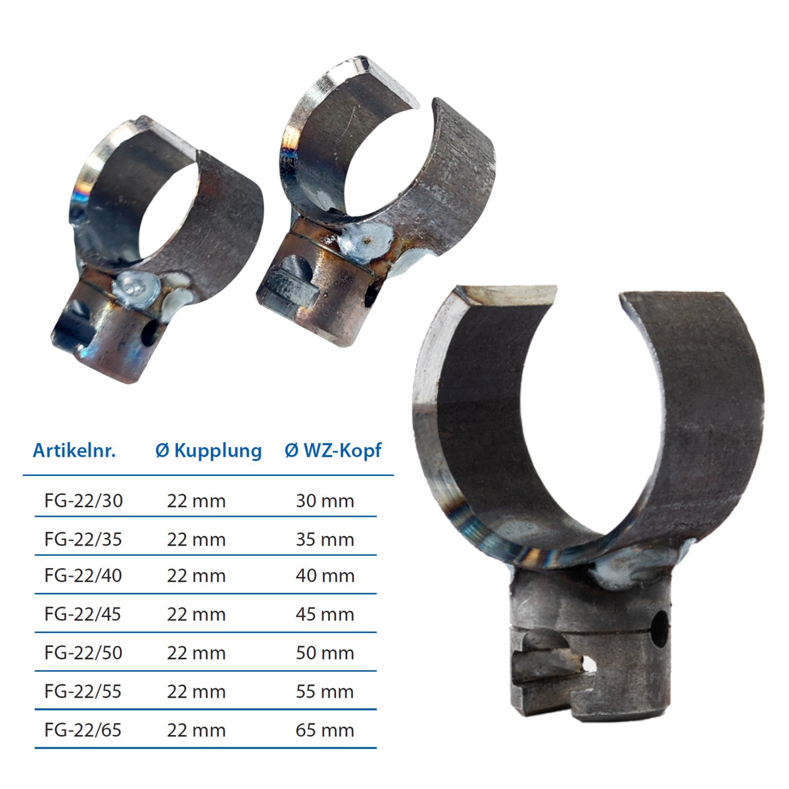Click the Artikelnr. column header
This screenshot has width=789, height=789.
tap(74, 450)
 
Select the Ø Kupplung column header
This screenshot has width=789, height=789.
tap(208, 451)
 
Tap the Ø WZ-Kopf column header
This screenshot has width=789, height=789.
tap(333, 451)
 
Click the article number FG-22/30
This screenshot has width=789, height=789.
tap(84, 501)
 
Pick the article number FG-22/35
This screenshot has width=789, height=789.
tap(83, 540)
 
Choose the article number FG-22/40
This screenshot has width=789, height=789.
tap(83, 576)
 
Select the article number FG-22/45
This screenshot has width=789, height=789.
tap(83, 615)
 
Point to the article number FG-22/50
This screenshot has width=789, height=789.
tap(83, 653)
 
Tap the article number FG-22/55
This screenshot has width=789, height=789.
tap(83, 692)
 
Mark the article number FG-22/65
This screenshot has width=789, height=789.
tap(83, 730)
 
